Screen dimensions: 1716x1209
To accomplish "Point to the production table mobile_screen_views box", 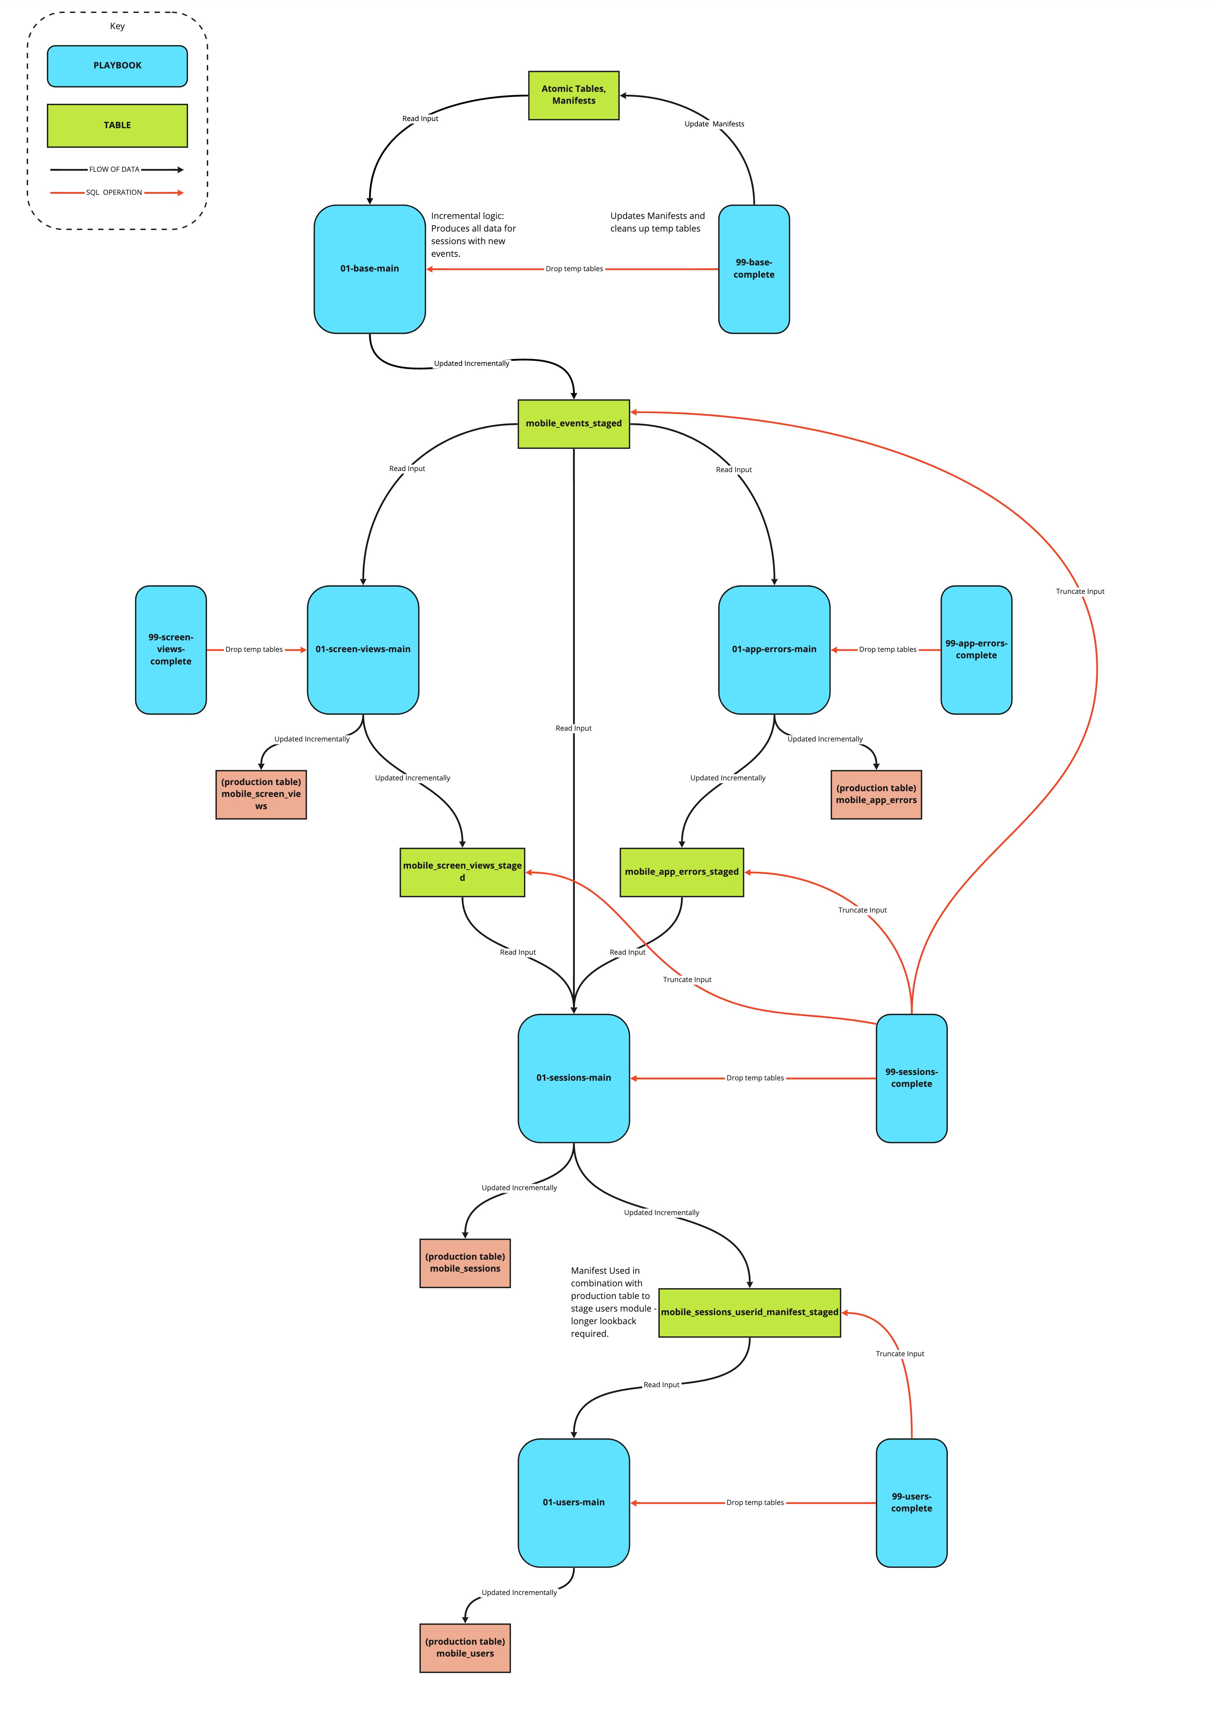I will click(x=261, y=794).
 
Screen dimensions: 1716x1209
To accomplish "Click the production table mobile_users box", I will click(x=465, y=1648).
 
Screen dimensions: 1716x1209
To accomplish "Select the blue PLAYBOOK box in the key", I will click(x=117, y=66).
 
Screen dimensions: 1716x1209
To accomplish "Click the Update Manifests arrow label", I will click(x=714, y=124).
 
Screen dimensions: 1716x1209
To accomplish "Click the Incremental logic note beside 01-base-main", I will click(x=473, y=235).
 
